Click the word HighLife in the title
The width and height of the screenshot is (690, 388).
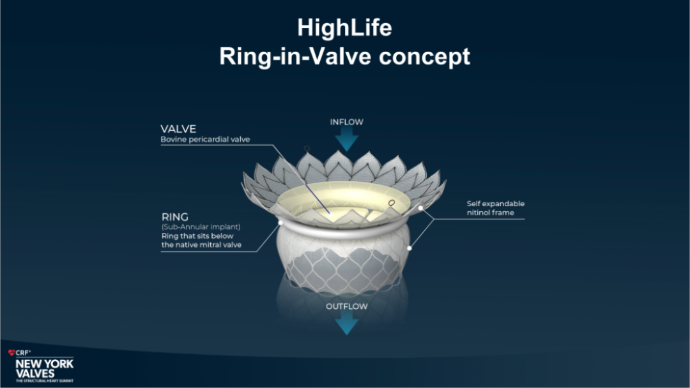pyautogui.click(x=344, y=27)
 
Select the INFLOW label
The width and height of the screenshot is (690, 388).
pyautogui.click(x=347, y=122)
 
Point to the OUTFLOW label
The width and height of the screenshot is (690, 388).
pyautogui.click(x=347, y=306)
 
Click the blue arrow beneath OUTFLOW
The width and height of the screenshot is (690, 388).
pyautogui.click(x=347, y=324)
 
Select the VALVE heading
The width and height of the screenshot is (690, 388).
pyautogui.click(x=178, y=129)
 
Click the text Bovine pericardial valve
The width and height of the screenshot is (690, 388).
pyautogui.click(x=205, y=139)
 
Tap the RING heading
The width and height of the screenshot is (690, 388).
pyautogui.click(x=174, y=217)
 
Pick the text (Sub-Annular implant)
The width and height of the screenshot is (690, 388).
pyautogui.click(x=201, y=227)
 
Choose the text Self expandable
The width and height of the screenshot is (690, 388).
pyautogui.click(x=496, y=204)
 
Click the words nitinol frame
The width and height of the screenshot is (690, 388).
pyautogui.click(x=490, y=213)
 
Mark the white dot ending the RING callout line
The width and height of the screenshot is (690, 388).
pyautogui.click(x=280, y=223)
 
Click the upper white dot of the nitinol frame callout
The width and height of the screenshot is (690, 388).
pyautogui.click(x=420, y=208)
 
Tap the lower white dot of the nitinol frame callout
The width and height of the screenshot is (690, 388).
pyautogui.click(x=410, y=248)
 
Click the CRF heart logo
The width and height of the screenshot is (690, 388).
pyautogui.click(x=11, y=352)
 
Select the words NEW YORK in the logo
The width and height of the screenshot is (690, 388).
pyautogui.click(x=45, y=364)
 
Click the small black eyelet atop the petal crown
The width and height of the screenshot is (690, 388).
pyautogui.click(x=307, y=148)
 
